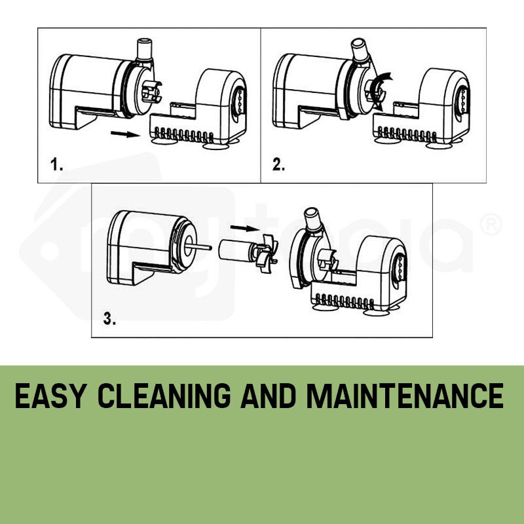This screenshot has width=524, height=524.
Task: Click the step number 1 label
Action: (56, 165)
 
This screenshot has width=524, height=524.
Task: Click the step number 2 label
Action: (278, 164)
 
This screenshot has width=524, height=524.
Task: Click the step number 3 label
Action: (109, 318)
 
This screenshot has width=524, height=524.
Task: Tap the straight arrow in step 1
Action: (125, 134)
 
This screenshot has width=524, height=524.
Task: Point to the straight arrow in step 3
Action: (244, 228)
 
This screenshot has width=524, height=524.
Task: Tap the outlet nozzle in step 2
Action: (360, 50)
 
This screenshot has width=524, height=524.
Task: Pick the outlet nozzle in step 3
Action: (313, 219)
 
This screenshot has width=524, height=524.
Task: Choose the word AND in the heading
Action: (268, 396)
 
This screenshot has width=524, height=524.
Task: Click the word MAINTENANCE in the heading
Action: (405, 396)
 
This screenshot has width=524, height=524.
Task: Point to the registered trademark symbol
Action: (491, 225)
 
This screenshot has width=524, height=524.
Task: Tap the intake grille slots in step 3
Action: (345, 301)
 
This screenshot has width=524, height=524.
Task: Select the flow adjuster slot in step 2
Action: (462, 100)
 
